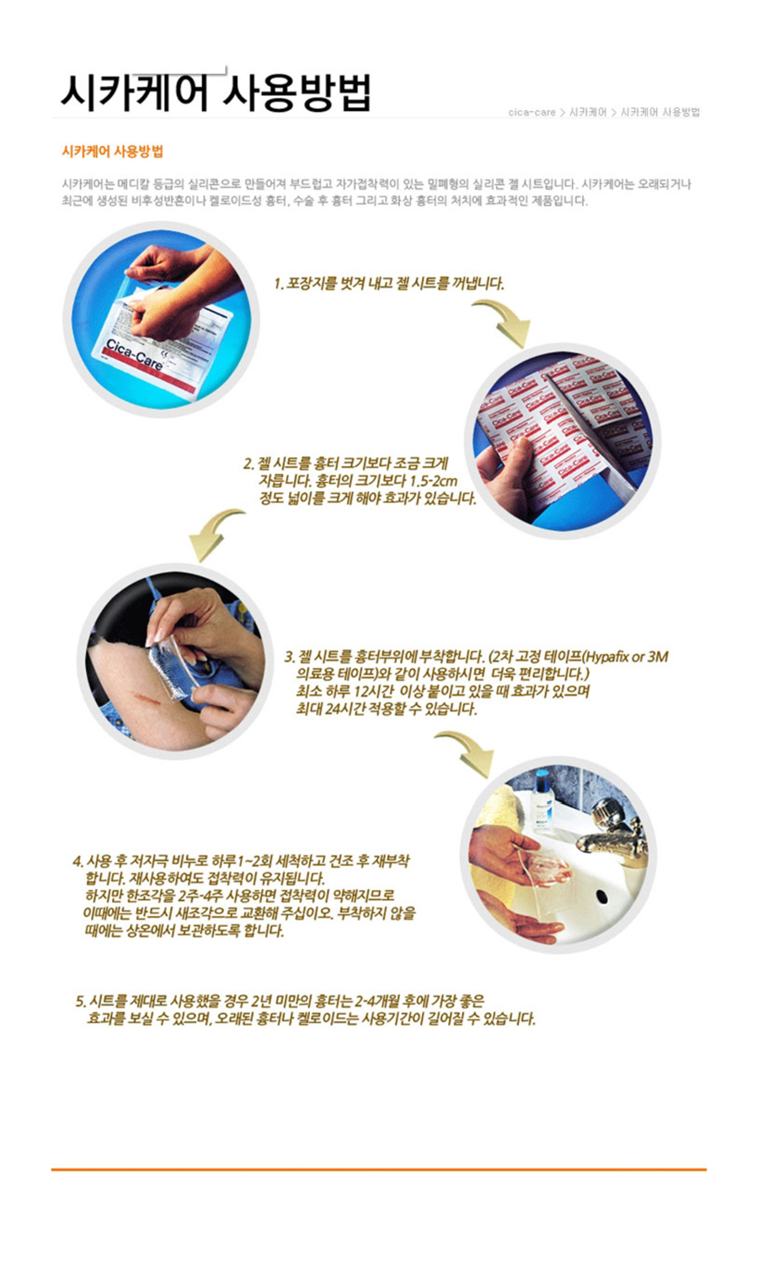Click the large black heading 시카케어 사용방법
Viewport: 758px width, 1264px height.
pos(216,93)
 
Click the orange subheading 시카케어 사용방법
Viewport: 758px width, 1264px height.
pos(113,151)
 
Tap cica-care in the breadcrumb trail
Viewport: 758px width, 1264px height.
pos(531,112)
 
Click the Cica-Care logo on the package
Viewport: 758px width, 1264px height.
pos(135,355)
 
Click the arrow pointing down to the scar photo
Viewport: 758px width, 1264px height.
pos(214,533)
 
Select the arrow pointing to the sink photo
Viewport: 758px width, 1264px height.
pos(467,752)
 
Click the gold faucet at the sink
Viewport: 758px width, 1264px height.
pos(612,829)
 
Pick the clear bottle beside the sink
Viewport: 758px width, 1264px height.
pos(543,801)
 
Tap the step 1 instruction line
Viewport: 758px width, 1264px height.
pos(389,283)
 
